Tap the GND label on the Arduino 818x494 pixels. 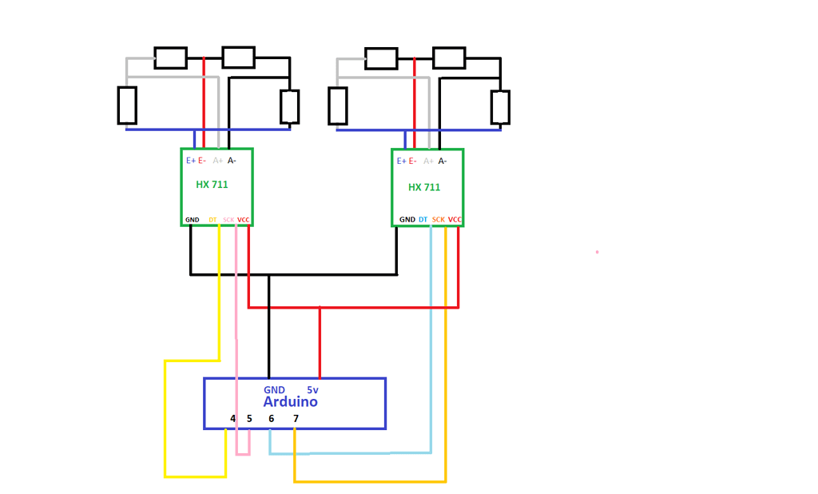(x=274, y=390)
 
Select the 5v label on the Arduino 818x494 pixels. (x=313, y=390)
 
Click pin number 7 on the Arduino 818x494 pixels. (x=296, y=419)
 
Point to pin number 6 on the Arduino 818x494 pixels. (x=271, y=419)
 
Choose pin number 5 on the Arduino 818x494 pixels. (x=249, y=419)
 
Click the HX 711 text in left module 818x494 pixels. (x=212, y=185)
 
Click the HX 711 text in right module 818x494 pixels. (x=424, y=187)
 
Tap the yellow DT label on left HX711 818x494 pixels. (x=212, y=220)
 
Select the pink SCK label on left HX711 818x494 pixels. (x=228, y=220)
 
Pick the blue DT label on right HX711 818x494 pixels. (x=423, y=220)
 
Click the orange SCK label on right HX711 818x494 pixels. (x=439, y=220)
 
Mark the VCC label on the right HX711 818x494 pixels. (x=455, y=220)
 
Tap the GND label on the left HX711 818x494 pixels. (x=193, y=220)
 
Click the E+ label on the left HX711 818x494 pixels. (x=191, y=161)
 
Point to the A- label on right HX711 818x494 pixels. (x=443, y=161)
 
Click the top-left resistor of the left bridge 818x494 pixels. (x=170, y=58)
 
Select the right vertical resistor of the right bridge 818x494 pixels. (x=500, y=107)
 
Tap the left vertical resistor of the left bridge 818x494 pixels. (x=127, y=106)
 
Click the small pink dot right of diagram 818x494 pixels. (x=597, y=253)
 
